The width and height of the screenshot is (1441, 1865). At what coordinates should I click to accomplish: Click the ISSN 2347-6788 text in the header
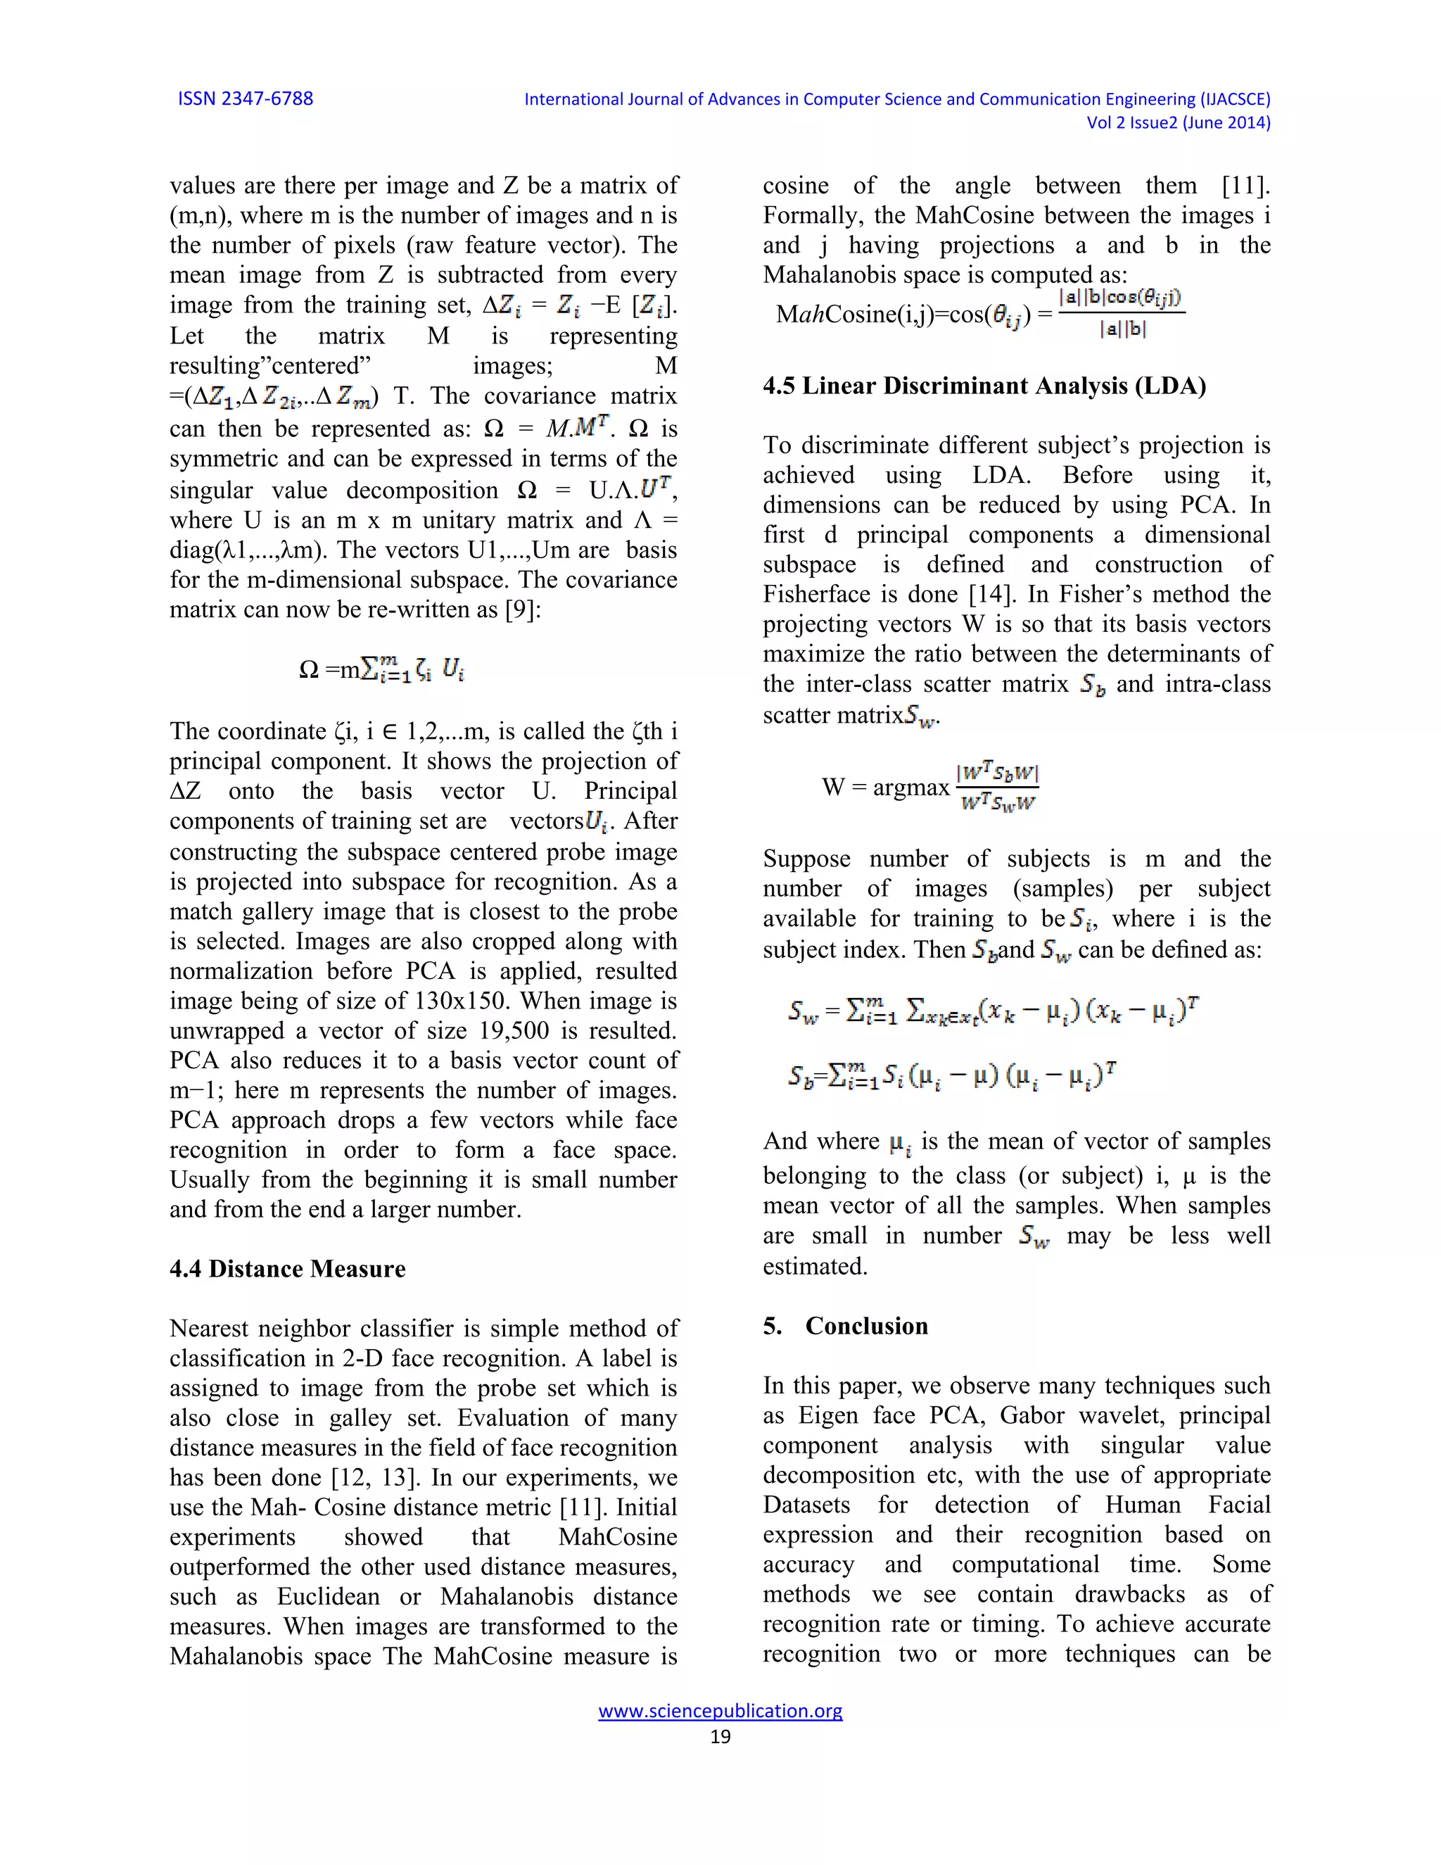point(245,99)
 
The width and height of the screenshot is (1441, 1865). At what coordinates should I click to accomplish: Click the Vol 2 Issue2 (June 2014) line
point(1177,123)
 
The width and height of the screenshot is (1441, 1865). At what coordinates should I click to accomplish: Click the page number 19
point(720,1737)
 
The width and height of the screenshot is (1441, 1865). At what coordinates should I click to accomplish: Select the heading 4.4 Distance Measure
point(287,1269)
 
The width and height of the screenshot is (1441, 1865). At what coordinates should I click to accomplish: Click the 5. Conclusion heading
point(845,1326)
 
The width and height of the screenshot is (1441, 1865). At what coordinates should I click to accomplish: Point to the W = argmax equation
point(929,787)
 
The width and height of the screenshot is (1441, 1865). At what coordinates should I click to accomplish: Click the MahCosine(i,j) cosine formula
point(979,315)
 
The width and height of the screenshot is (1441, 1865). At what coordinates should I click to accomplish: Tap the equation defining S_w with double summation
point(994,1012)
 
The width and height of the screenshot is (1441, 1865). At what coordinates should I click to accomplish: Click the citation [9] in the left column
point(523,609)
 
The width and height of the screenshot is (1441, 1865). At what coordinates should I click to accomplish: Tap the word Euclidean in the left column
point(331,1596)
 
